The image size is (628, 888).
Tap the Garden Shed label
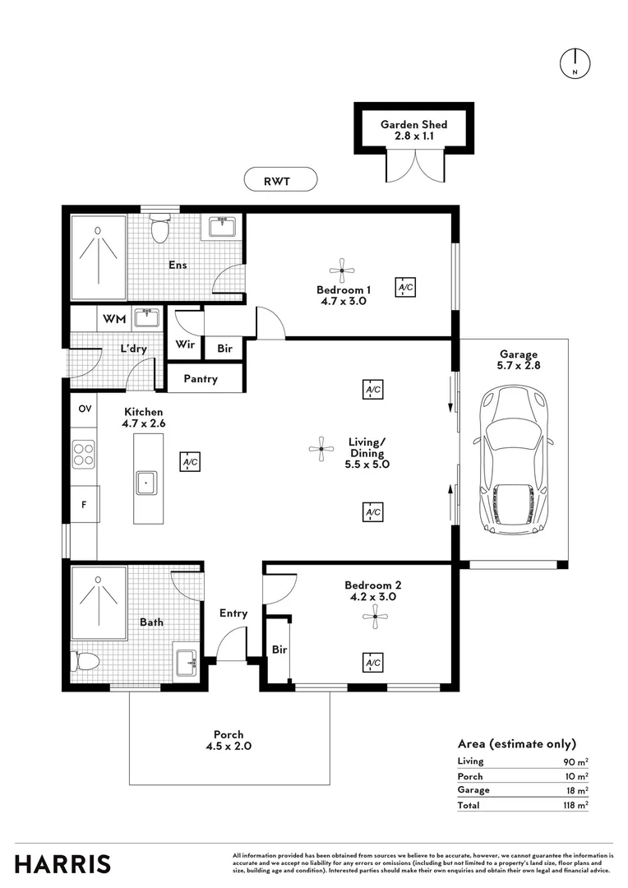413,130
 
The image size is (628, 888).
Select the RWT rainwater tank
280,178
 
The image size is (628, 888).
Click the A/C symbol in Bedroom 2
372,663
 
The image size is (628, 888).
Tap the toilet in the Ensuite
159,227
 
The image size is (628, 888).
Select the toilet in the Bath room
85,660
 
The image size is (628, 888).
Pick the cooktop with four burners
84,454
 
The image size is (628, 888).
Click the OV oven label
84,409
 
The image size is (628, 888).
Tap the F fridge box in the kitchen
84,504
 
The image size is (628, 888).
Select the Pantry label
201,379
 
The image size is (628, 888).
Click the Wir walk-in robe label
185,345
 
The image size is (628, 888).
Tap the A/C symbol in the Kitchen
190,463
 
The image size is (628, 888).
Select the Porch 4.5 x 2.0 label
229,741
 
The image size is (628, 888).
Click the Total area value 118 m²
575,806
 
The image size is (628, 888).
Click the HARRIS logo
62,864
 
